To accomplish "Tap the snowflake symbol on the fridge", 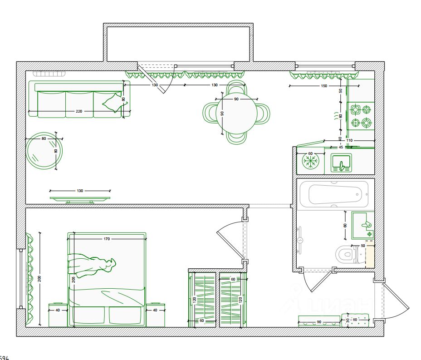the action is (x=311, y=161).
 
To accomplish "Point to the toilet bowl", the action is (x=346, y=254).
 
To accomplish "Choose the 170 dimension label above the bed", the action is (x=107, y=239).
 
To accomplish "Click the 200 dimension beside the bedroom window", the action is (x=39, y=279).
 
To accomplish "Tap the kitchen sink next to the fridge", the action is (x=341, y=163).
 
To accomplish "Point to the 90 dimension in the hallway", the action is (x=319, y=322).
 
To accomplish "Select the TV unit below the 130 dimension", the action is (x=80, y=198).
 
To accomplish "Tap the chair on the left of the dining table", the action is (x=211, y=113).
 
